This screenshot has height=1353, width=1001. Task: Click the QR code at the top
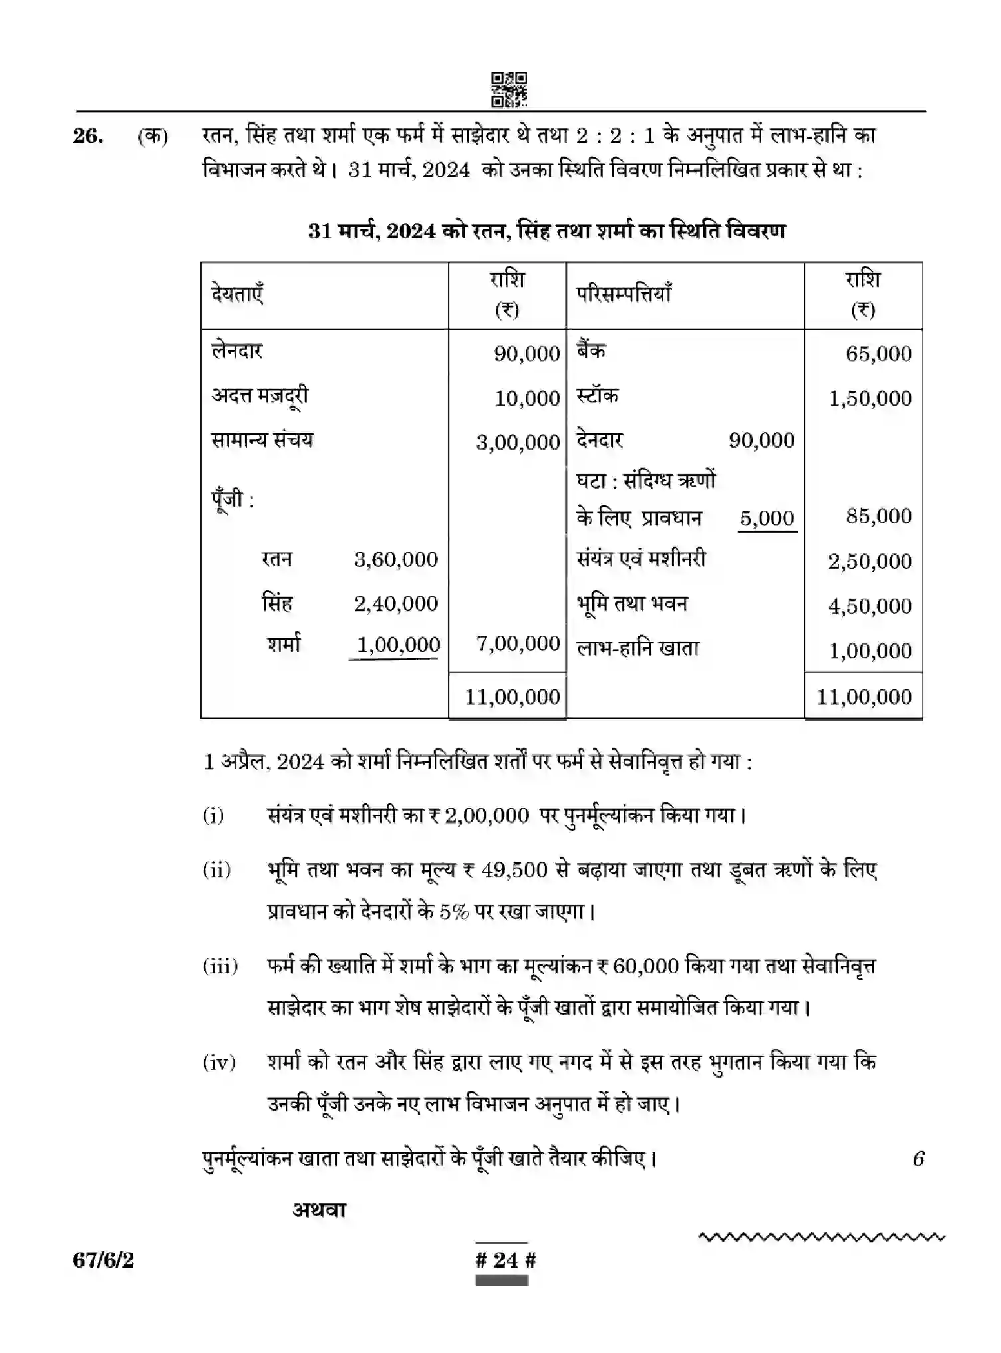(x=509, y=90)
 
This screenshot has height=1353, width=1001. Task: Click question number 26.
(x=88, y=136)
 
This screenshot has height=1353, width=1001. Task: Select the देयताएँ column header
(x=237, y=293)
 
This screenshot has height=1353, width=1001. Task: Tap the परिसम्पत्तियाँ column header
(x=623, y=293)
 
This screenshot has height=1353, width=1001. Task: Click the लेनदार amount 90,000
(x=527, y=353)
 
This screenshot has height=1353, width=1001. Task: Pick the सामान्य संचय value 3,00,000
(x=518, y=442)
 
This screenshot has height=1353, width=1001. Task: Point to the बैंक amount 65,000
(x=878, y=353)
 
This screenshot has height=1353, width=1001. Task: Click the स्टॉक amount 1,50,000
(x=870, y=398)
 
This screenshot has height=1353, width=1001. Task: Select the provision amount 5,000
(x=767, y=518)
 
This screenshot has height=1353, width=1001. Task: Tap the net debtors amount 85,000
(x=878, y=516)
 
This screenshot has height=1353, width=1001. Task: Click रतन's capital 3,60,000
(x=396, y=559)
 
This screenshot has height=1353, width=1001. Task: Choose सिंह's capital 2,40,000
(x=396, y=604)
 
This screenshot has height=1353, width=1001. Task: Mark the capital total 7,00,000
(x=518, y=643)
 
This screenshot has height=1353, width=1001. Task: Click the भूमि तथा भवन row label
(x=632, y=604)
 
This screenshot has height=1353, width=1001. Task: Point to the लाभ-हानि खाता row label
(x=637, y=649)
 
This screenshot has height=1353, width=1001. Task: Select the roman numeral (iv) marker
(x=219, y=1062)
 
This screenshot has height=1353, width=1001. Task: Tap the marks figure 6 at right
(x=918, y=1159)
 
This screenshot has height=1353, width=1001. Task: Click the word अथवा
(x=319, y=1210)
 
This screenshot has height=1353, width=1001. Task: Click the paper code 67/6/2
(x=103, y=1260)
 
